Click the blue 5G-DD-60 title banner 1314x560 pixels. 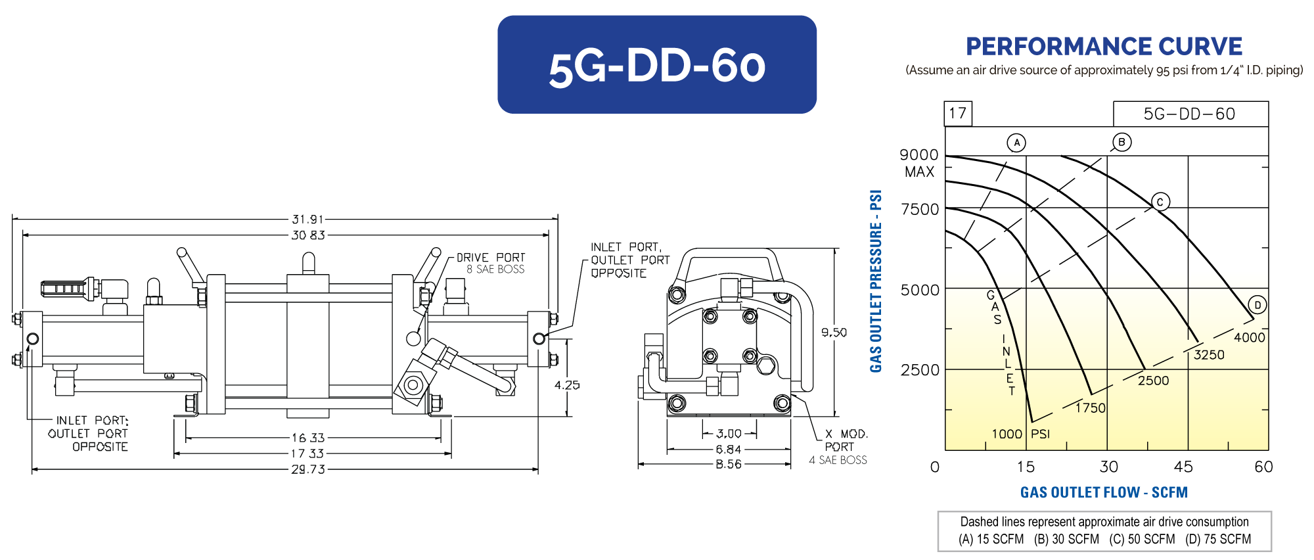(657, 64)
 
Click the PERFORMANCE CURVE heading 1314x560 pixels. (1104, 47)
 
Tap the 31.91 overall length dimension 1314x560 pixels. (308, 220)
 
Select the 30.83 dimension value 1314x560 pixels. (308, 235)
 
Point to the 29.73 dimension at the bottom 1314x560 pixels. (308, 470)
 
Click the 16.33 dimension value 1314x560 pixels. (308, 438)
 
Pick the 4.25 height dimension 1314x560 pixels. (567, 385)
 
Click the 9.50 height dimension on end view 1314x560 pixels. (834, 333)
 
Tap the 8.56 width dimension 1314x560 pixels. (729, 465)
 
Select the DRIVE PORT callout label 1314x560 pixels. (491, 258)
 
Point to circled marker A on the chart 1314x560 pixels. (1016, 143)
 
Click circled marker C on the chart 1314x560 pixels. (1160, 202)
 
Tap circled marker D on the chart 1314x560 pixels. (1257, 305)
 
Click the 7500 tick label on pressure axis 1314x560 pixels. (920, 210)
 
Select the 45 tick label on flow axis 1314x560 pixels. (1183, 467)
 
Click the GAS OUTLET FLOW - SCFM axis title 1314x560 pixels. (1104, 492)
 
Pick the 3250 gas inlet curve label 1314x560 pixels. (1209, 355)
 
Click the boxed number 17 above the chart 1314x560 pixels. (958, 113)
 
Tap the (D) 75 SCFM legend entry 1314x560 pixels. (1218, 540)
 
